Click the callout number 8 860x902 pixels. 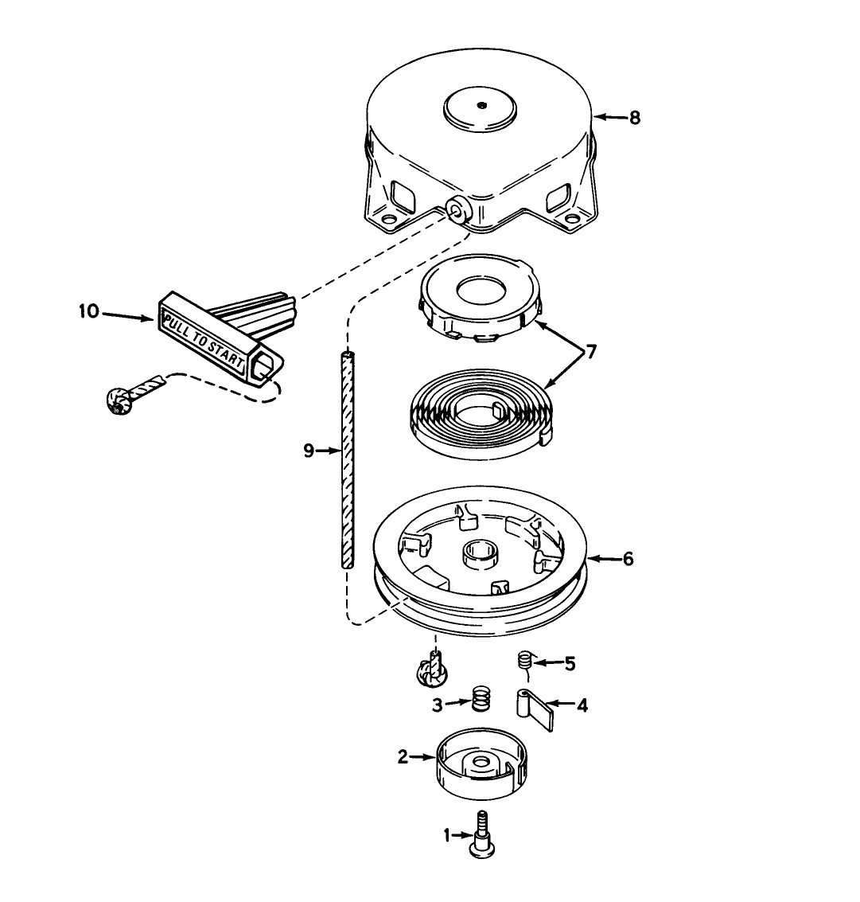634,118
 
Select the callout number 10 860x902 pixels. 88,311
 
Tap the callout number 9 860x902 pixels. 309,451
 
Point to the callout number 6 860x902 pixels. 628,559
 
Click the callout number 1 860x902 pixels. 447,835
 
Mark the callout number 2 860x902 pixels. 403,757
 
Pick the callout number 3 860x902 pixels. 437,704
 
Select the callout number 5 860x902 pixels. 570,663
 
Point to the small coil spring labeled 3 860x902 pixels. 480,699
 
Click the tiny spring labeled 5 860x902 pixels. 524,659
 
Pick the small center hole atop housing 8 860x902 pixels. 481,103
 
